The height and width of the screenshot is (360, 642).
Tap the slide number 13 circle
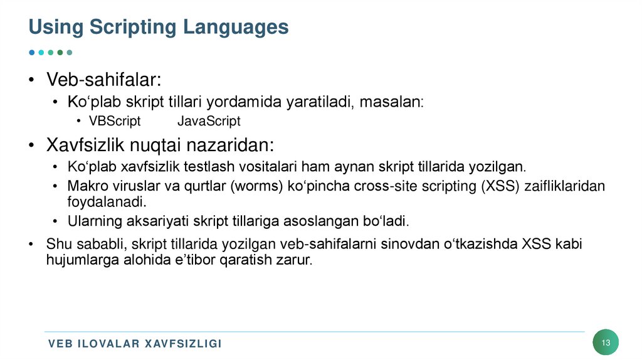tap(606, 342)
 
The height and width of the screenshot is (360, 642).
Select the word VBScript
tap(115, 121)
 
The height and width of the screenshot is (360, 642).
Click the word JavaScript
tap(209, 121)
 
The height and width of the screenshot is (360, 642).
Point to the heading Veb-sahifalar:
tap(103, 80)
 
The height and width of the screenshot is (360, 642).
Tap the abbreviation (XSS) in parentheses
tap(499, 187)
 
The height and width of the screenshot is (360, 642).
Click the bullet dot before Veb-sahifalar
tap(31, 81)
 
